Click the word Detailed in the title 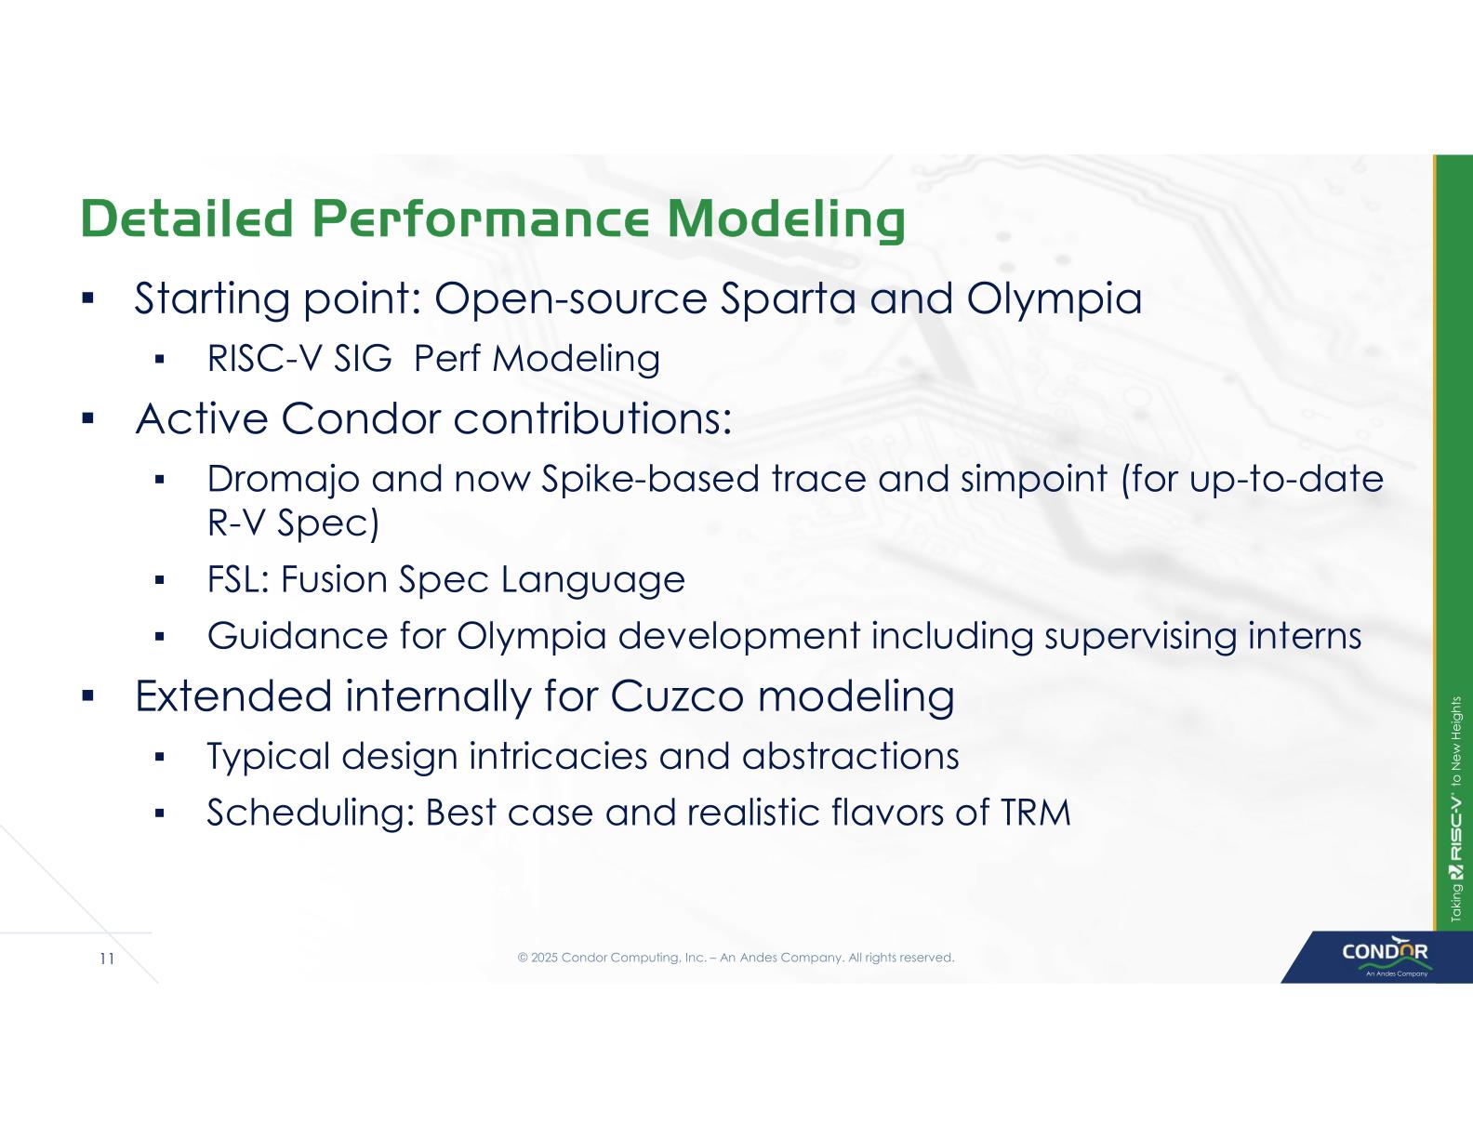coord(186,218)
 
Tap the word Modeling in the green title coord(787,221)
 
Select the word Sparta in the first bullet coord(788,299)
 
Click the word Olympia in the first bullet coord(1055,299)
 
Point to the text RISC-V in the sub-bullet coord(264,359)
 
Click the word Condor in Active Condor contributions coord(361,419)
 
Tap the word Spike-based coord(651,479)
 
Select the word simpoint coord(1034,479)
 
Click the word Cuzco coord(677,696)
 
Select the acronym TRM coord(1035,814)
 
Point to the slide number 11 coord(107,959)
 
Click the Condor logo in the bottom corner coord(1385,956)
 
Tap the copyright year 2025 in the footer coord(544,958)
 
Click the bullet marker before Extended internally coord(86,695)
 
